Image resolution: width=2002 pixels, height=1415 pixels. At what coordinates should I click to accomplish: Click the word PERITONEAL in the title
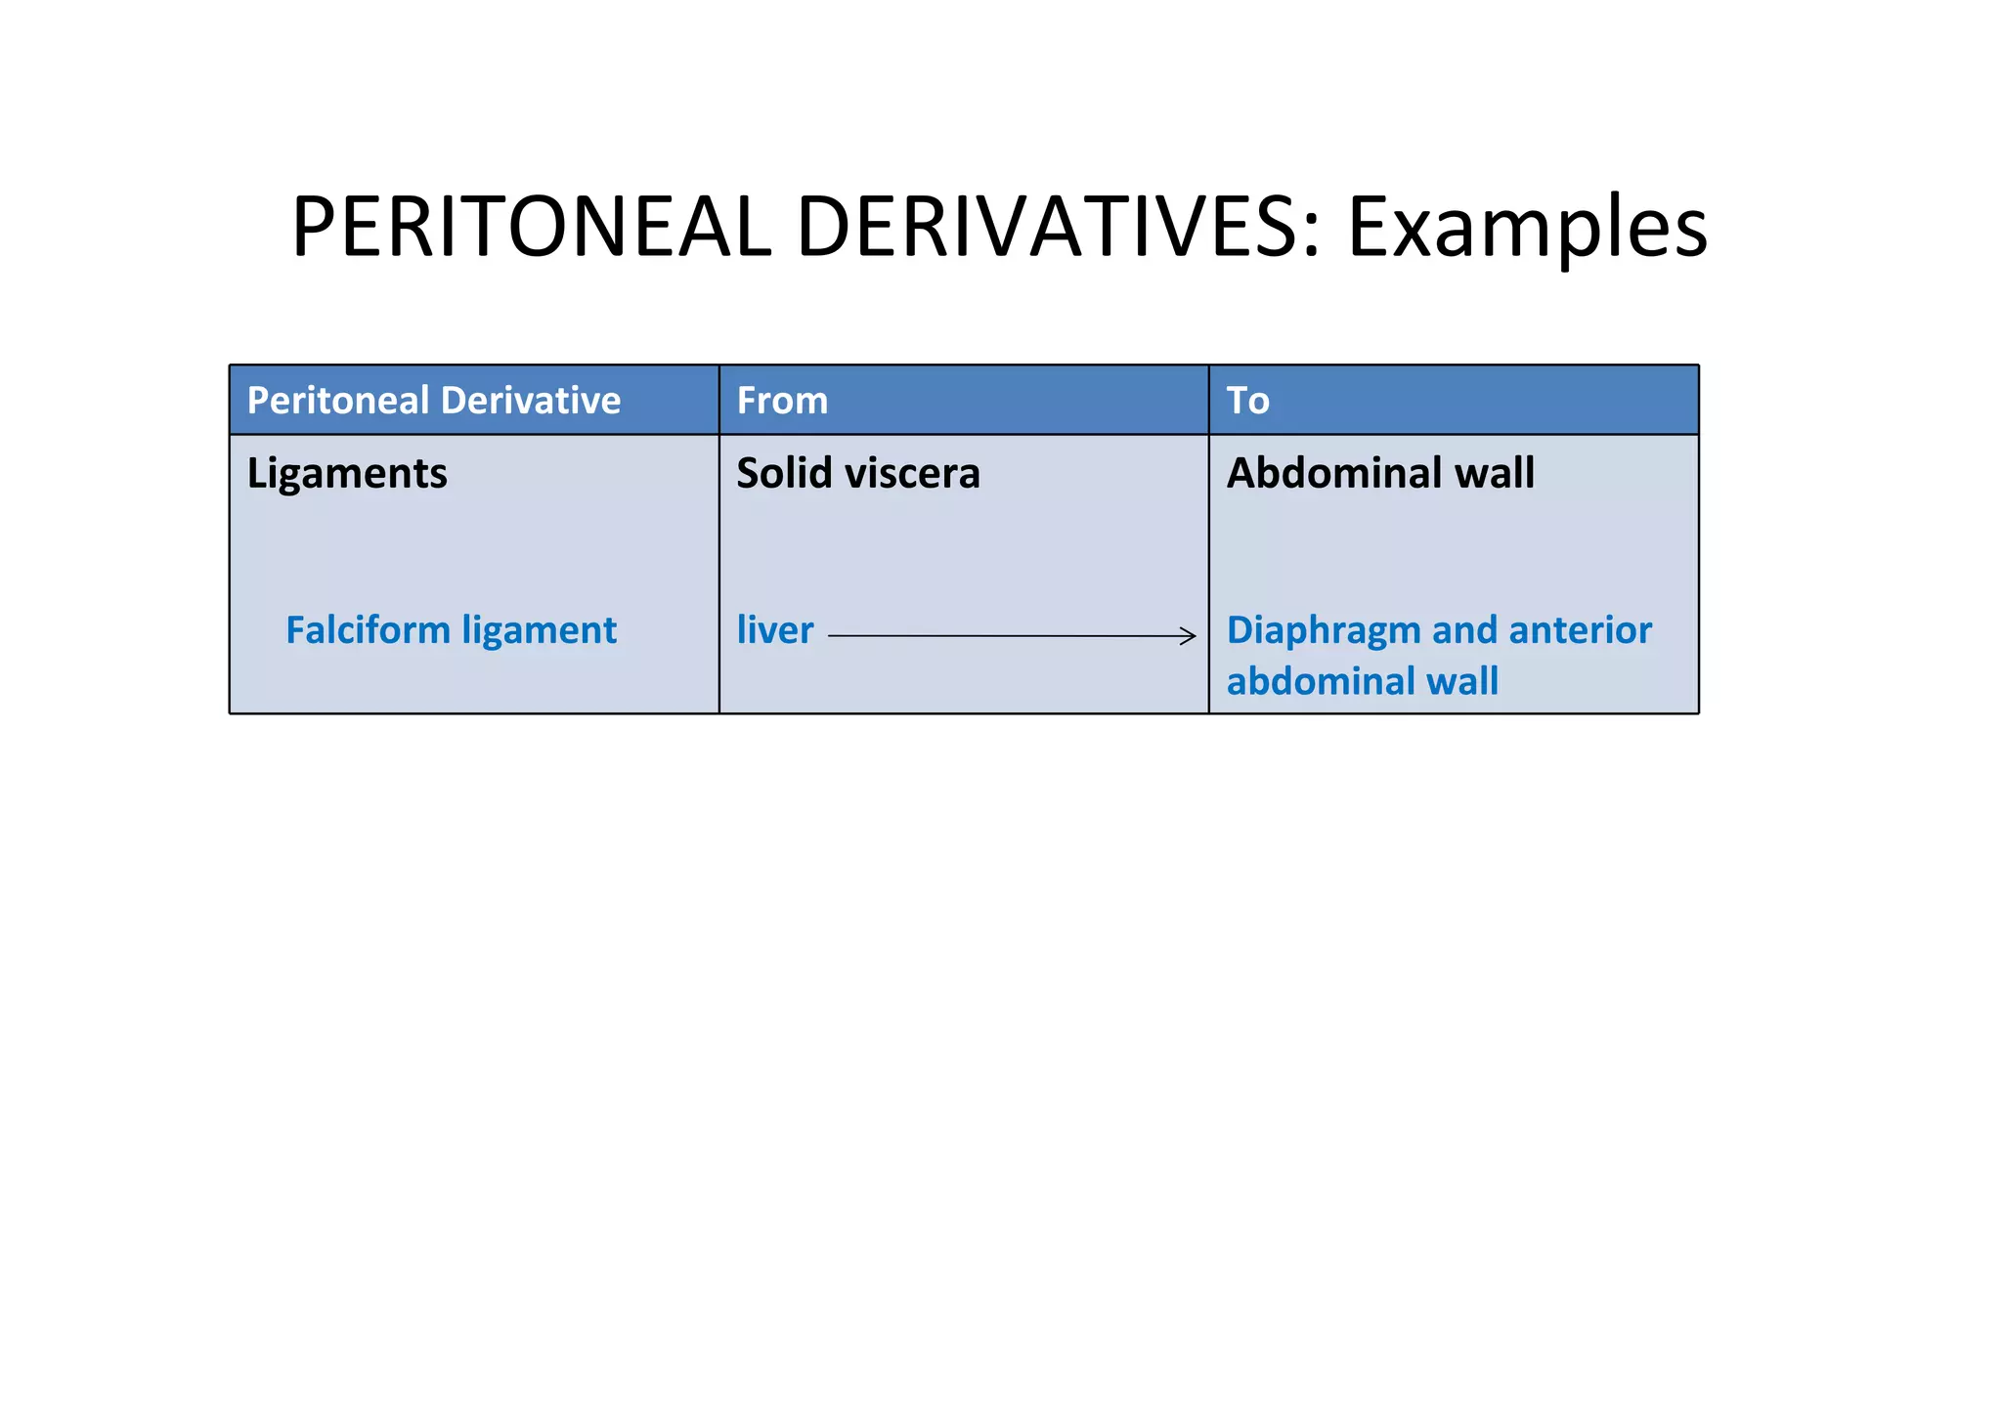[531, 227]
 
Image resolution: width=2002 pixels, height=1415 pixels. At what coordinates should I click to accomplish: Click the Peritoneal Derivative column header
[433, 401]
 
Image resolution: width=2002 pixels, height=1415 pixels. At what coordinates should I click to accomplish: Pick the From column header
[782, 401]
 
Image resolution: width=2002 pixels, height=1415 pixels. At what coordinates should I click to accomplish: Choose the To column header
[1247, 401]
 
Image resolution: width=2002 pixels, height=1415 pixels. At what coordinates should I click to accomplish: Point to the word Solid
[783, 473]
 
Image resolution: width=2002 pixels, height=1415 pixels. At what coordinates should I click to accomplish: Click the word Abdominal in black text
[1333, 473]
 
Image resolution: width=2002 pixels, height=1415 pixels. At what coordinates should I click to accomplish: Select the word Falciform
[368, 630]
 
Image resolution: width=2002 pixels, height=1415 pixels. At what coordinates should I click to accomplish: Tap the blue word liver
[774, 630]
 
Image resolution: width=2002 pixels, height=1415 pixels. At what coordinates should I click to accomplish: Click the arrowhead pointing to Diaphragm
[1190, 636]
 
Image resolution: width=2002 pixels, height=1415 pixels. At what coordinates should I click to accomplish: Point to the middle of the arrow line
[1011, 636]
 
